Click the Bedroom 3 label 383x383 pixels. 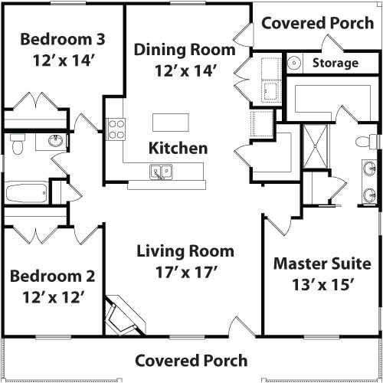[x=63, y=38]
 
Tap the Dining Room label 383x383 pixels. [x=185, y=51]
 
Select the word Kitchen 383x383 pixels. [x=178, y=148]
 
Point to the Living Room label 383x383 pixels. [x=185, y=251]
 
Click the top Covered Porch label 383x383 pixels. [x=318, y=22]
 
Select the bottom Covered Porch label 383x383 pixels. [x=191, y=360]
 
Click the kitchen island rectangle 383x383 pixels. [x=170, y=123]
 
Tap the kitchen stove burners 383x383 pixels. [x=116, y=128]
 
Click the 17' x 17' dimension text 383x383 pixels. [x=185, y=271]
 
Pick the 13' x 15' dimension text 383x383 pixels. [x=327, y=284]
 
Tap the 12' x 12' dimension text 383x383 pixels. [x=52, y=296]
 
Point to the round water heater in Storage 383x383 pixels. [x=293, y=62]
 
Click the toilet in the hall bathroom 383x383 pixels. [x=19, y=144]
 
